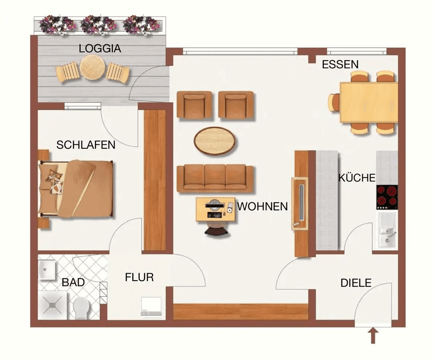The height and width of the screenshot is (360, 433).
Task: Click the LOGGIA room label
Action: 100,49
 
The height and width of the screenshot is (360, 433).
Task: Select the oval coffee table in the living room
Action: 215,141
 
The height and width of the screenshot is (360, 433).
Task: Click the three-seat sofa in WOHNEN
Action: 215,178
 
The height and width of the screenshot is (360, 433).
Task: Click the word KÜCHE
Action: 357,178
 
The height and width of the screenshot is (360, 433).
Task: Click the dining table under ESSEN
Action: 369,102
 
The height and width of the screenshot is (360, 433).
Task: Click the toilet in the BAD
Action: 81,308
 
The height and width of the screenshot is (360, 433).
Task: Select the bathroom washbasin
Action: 47,270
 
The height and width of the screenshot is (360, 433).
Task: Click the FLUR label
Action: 139,277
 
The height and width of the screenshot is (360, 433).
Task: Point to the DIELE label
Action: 356,283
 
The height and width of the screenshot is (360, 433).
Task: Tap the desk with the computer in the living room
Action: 215,209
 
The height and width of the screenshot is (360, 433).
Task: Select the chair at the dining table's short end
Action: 334,102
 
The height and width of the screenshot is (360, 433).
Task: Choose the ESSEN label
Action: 340,65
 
